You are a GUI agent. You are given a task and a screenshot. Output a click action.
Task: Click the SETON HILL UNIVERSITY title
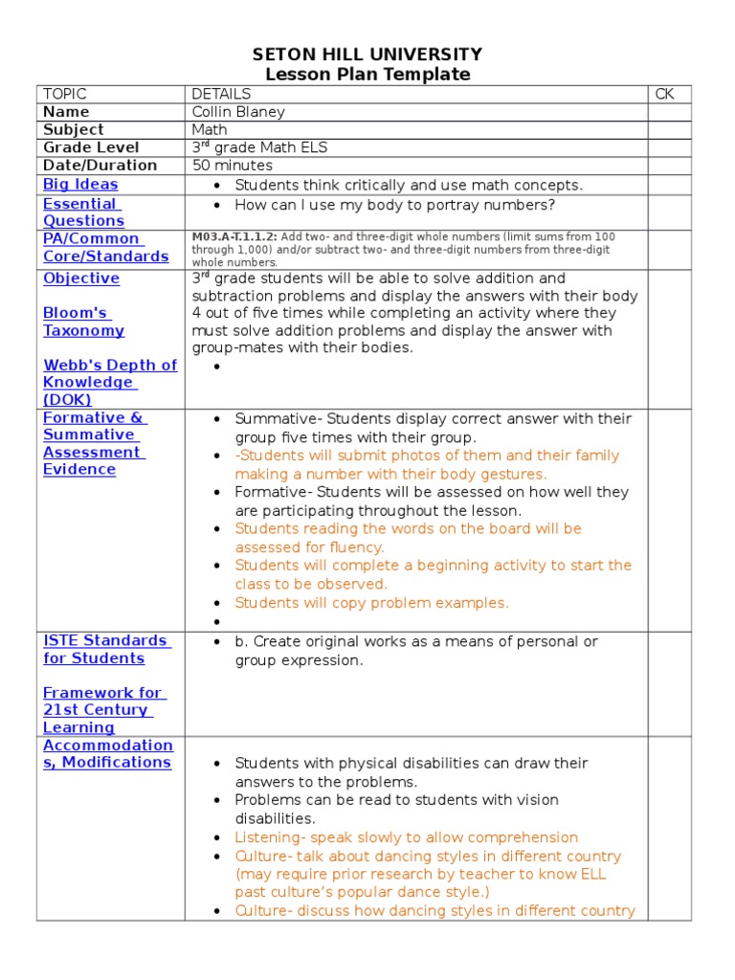[367, 55]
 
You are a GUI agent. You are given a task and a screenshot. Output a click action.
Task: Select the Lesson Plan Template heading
[367, 75]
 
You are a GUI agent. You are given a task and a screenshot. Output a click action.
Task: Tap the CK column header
[664, 94]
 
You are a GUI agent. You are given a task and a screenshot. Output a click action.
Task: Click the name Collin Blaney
[238, 112]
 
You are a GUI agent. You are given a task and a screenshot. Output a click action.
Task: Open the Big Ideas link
[80, 184]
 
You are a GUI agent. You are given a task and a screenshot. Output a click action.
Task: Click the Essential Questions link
[83, 212]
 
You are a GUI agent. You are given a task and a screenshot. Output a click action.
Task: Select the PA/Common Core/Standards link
[105, 247]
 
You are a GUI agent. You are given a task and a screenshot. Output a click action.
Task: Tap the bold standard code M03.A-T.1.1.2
[234, 236]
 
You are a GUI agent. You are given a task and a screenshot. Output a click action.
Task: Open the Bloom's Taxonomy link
[83, 322]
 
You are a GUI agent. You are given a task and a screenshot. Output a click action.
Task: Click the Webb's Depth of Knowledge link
[109, 382]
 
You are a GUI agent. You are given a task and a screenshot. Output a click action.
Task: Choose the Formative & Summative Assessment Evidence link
[95, 443]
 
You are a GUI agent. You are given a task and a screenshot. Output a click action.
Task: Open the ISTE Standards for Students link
[106, 649]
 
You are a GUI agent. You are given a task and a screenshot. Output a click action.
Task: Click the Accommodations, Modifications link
[107, 753]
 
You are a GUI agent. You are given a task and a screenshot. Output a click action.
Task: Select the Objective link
[81, 278]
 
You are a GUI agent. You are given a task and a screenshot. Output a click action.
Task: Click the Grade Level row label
[91, 147]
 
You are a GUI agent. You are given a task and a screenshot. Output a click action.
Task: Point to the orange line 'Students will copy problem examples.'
[371, 603]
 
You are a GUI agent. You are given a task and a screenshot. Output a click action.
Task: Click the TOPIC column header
[65, 94]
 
